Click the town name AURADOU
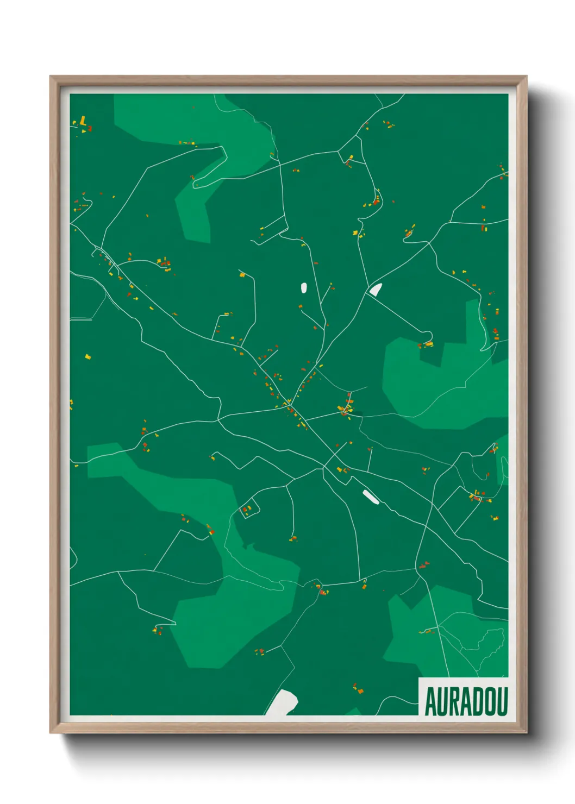[x=466, y=701]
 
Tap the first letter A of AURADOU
[x=430, y=702]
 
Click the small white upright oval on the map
[x=303, y=287]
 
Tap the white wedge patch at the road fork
[x=376, y=290]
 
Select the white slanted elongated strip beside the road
[x=371, y=496]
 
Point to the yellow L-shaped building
[x=83, y=121]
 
